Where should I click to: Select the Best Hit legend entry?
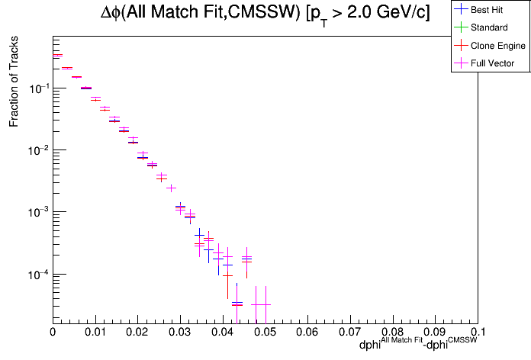(x=489, y=10)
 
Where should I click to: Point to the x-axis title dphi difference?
(x=419, y=345)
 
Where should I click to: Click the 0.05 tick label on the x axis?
(x=265, y=333)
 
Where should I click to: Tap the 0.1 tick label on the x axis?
(x=478, y=333)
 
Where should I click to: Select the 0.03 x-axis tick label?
(x=180, y=333)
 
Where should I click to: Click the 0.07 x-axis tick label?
(x=350, y=333)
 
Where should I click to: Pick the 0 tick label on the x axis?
(x=53, y=333)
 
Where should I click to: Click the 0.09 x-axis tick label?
(x=436, y=333)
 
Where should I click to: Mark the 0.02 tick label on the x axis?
(x=137, y=333)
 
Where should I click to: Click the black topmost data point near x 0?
(x=57, y=56)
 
